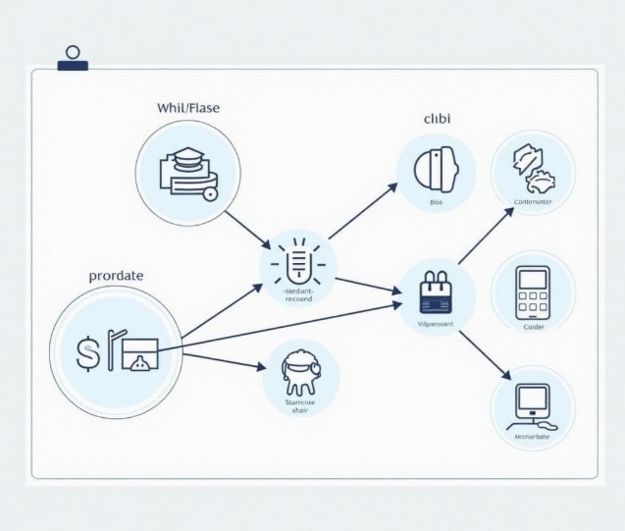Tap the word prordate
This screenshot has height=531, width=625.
[116, 276]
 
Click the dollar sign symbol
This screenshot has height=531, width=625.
[87, 352]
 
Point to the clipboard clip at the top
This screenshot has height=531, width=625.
[72, 58]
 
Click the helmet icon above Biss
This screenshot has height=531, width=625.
[437, 168]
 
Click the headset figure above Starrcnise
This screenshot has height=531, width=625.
[300, 370]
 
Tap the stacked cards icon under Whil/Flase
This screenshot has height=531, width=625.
[188, 172]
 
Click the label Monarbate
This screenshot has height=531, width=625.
[533, 437]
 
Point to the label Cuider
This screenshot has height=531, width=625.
[534, 327]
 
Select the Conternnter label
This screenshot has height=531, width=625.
[534, 202]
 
